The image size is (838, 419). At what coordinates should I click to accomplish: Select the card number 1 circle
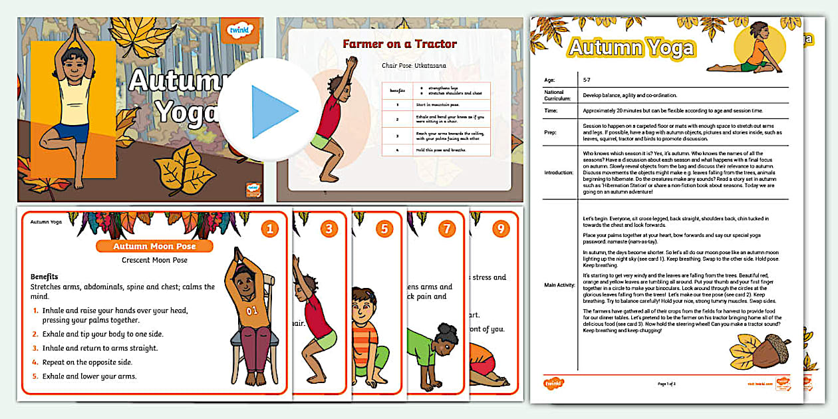click(x=269, y=229)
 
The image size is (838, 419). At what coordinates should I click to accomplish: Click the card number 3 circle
click(x=329, y=229)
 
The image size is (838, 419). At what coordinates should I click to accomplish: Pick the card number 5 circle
click(x=384, y=229)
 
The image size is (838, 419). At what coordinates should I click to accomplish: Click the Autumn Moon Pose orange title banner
click(x=155, y=246)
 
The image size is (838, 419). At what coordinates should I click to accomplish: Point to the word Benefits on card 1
click(x=45, y=276)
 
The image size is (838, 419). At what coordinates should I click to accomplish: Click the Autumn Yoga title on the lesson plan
click(x=630, y=48)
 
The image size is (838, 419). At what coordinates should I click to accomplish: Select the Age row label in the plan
click(x=549, y=80)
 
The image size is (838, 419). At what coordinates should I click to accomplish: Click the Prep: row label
click(x=550, y=132)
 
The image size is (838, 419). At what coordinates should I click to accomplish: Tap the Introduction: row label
click(x=558, y=172)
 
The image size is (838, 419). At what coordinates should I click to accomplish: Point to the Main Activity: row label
click(x=559, y=285)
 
